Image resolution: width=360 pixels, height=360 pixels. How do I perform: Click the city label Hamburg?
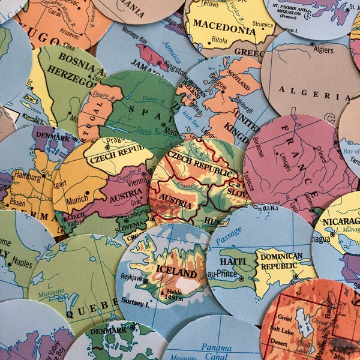click(28, 178)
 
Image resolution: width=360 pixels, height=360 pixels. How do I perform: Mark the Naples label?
click(22, 262)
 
